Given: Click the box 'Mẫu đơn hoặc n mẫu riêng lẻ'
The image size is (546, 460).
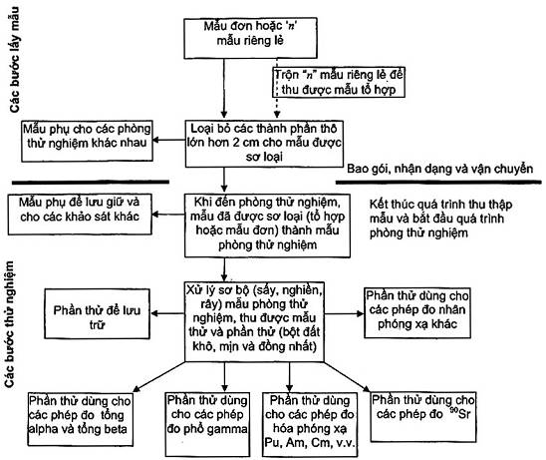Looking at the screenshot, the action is tap(250, 38).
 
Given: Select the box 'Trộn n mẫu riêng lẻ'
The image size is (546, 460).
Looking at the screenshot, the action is tap(339, 82).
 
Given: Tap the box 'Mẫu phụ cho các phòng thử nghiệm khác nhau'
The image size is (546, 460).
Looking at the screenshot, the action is tap(87, 141).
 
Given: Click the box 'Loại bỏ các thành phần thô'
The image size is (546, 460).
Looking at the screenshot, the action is tap(264, 144).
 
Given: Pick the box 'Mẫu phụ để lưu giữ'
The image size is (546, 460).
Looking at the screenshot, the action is tap(80, 215).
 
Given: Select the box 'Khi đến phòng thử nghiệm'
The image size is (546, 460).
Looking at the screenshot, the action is tap(267, 226).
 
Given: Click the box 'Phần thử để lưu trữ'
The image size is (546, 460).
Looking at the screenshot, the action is tap(98, 313).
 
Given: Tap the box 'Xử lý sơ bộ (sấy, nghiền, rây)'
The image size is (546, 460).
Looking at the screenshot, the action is tap(254, 321).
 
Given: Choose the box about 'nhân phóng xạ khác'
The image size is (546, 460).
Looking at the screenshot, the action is tap(417, 313).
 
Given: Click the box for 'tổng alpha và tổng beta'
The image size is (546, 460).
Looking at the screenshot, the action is tap(81, 419).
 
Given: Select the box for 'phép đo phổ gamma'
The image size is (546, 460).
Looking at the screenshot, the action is tap(207, 424).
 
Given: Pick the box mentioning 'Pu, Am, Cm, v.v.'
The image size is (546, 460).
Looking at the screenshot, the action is tap(310, 424).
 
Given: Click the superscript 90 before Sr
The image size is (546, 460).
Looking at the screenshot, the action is tap(453, 410).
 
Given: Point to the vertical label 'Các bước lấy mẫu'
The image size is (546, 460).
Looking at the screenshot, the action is tap(15, 59).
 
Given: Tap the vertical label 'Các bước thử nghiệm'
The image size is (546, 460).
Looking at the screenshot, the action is tap(9, 324).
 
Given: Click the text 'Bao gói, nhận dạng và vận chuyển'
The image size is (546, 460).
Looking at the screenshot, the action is tap(439, 169).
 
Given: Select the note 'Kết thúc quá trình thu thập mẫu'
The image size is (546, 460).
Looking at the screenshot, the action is tap(440, 219).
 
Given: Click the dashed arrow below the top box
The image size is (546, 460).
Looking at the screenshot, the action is tap(277, 88).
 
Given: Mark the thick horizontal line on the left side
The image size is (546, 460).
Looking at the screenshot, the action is tap(91, 182).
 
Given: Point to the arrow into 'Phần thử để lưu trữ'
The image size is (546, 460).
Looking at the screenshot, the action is tap(167, 313).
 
